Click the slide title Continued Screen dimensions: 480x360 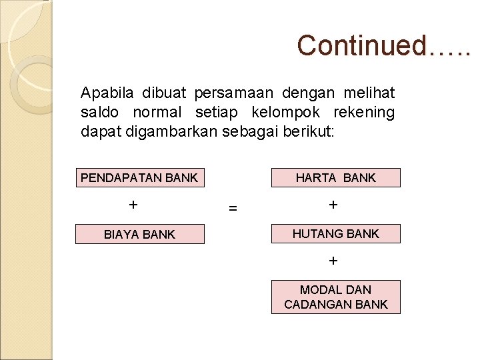pos(383,45)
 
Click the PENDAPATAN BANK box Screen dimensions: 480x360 pos(139,177)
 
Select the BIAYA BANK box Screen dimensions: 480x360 pos(139,234)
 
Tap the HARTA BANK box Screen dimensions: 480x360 pos(335,177)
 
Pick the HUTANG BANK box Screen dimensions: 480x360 pos(335,233)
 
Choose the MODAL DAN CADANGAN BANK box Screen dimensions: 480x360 pos(335,297)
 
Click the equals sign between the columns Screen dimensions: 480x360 pos(233,208)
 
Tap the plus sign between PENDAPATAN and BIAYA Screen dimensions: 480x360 pos(133,205)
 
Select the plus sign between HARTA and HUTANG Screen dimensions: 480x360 pos(333,205)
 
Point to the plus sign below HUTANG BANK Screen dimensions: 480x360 pos(333,261)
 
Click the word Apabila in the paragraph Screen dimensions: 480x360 pos(102,93)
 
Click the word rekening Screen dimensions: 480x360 pos(365,112)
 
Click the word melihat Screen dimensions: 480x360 pos(369,93)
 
